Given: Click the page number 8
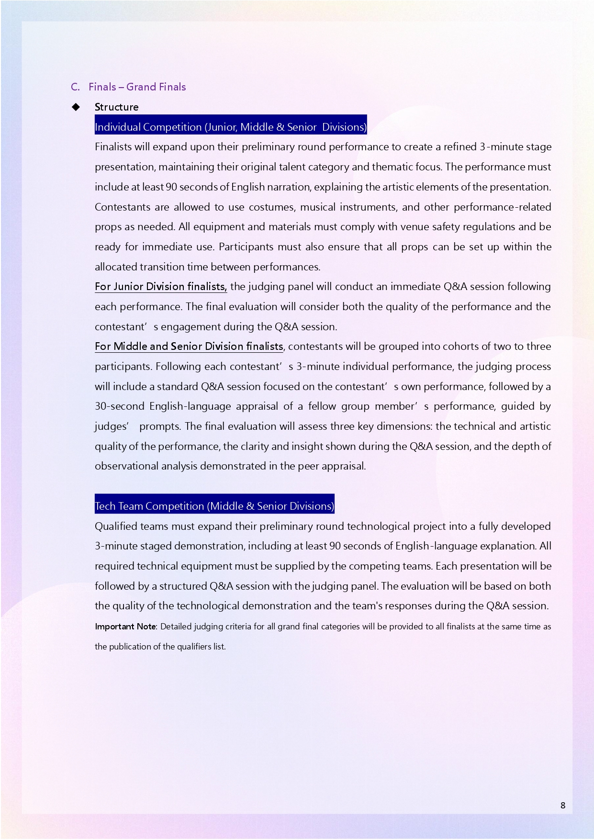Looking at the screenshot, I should pyautogui.click(x=563, y=805).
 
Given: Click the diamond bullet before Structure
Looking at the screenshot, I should pyautogui.click(x=76, y=107).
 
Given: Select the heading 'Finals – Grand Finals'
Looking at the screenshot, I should pyautogui.click(x=137, y=87).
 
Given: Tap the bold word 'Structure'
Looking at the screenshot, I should pyautogui.click(x=116, y=107).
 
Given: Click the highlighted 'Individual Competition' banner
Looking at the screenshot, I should pyautogui.click(x=230, y=127).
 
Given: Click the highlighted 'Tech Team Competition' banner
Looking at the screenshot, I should pyautogui.click(x=214, y=506).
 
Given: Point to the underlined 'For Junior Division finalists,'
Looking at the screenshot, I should pyautogui.click(x=160, y=286).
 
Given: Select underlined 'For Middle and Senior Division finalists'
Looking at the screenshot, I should pyautogui.click(x=189, y=346).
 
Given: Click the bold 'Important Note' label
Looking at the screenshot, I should pyautogui.click(x=125, y=627).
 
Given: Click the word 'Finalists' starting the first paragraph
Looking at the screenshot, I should pyautogui.click(x=113, y=146).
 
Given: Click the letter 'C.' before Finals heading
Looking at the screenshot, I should pyautogui.click(x=75, y=87).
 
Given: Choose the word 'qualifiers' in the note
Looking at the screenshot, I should pyautogui.click(x=194, y=646).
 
